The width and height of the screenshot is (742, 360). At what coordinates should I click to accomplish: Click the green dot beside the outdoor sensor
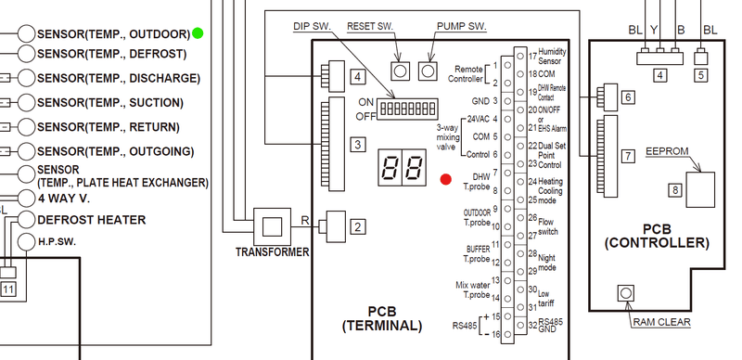(198, 33)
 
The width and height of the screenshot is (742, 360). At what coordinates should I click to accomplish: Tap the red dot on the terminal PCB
(445, 179)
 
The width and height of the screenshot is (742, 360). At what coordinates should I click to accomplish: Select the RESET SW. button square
(400, 71)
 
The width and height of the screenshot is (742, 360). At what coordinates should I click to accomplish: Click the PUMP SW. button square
(428, 71)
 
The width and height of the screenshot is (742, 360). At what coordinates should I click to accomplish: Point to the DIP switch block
(407, 109)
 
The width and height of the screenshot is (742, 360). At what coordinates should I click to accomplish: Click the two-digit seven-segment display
(403, 167)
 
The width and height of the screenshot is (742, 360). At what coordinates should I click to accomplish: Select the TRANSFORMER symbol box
(272, 226)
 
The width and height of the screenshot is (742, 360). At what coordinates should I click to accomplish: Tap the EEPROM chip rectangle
(700, 189)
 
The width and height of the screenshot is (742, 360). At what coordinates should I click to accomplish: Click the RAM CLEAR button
(626, 293)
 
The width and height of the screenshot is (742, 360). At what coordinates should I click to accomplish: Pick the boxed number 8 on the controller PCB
(675, 190)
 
